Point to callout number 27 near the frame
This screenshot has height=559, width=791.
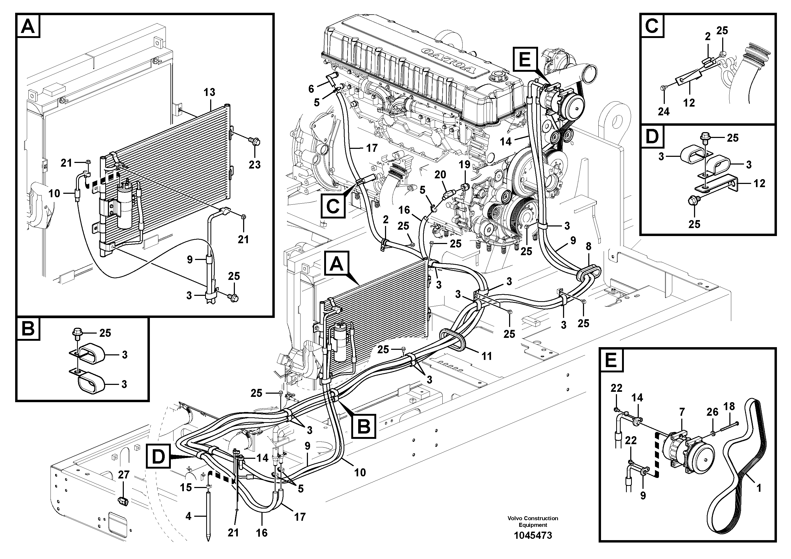[x=123, y=474]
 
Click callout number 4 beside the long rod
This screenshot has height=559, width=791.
[x=188, y=516]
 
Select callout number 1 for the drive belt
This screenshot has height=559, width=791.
[x=758, y=488]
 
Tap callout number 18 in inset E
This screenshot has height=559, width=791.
[x=729, y=406]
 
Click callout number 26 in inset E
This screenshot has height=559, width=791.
[x=712, y=412]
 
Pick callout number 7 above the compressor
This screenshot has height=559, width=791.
[x=682, y=412]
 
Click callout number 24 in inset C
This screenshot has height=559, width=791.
[x=663, y=111]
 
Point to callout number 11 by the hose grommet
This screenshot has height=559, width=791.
[x=486, y=356]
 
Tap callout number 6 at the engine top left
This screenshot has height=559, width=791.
[x=311, y=89]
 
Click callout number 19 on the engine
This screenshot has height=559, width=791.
[x=465, y=164]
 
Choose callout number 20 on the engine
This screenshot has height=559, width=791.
[x=440, y=175]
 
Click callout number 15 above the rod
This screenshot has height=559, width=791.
[x=186, y=487]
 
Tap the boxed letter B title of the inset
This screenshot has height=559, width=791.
[x=28, y=329]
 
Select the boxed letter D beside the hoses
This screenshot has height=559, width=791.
[x=158, y=457]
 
